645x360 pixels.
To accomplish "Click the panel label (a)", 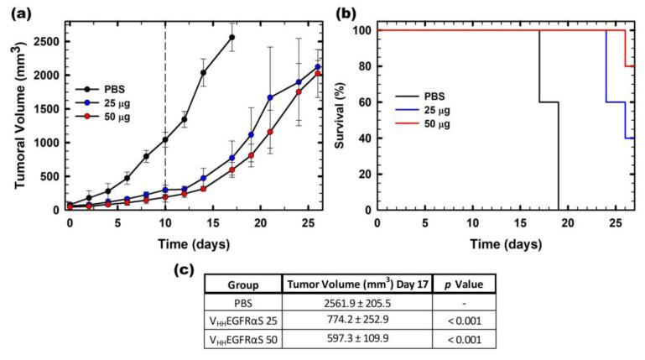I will [x=18, y=13].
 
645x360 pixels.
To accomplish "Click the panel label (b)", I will [x=351, y=13].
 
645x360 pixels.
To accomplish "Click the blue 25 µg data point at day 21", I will [x=270, y=97].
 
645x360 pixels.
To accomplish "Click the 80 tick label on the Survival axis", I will [x=362, y=66].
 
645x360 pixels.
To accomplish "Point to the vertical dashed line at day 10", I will [x=165, y=84].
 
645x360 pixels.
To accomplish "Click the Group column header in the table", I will [x=242, y=284].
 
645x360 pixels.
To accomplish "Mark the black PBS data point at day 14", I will [x=203, y=73].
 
